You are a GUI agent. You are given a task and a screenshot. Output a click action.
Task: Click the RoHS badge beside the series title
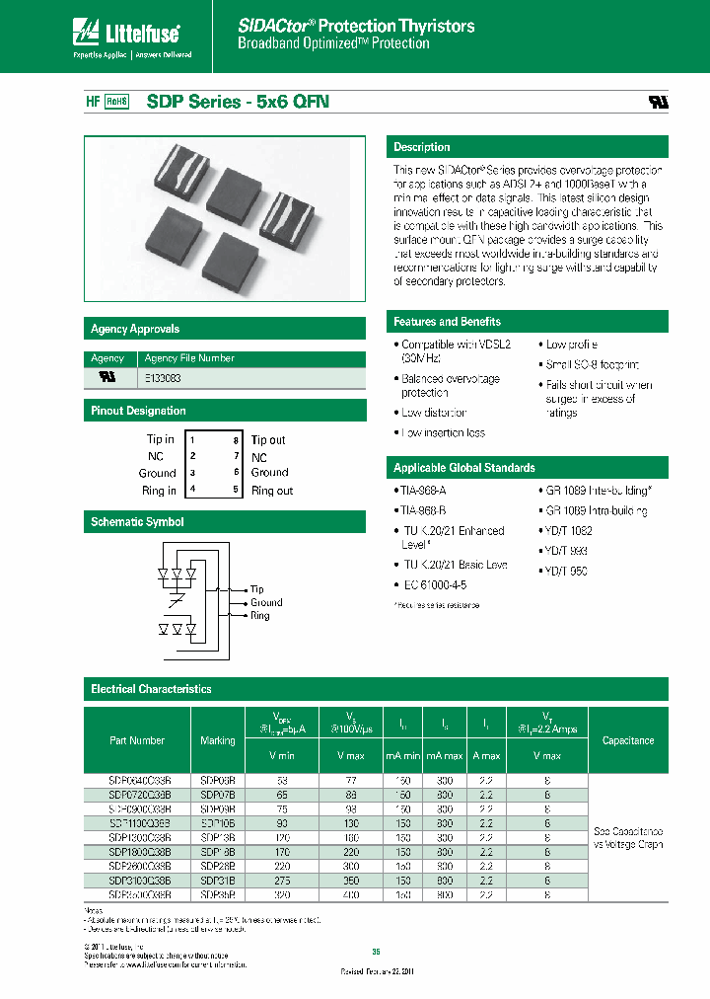(118, 102)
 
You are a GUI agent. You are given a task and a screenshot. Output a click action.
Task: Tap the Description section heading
(422, 147)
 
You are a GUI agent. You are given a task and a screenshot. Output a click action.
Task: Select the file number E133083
(163, 378)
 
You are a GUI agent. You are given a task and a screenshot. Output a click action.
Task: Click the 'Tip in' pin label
(161, 440)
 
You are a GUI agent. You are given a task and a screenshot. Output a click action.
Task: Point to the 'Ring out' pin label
(272, 491)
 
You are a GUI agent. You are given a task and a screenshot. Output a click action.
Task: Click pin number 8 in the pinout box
(236, 440)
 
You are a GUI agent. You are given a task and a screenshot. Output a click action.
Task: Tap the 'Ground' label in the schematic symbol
(266, 602)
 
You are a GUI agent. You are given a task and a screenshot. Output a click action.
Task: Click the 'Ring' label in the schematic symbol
(259, 616)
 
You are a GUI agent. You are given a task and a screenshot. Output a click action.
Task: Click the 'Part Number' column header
(137, 740)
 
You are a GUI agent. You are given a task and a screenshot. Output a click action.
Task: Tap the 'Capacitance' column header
(628, 740)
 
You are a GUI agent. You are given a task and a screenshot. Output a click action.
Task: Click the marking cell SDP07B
(218, 793)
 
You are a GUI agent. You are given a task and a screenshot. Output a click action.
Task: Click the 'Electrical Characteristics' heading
(151, 689)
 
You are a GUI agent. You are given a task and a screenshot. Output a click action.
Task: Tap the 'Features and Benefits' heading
(447, 322)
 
